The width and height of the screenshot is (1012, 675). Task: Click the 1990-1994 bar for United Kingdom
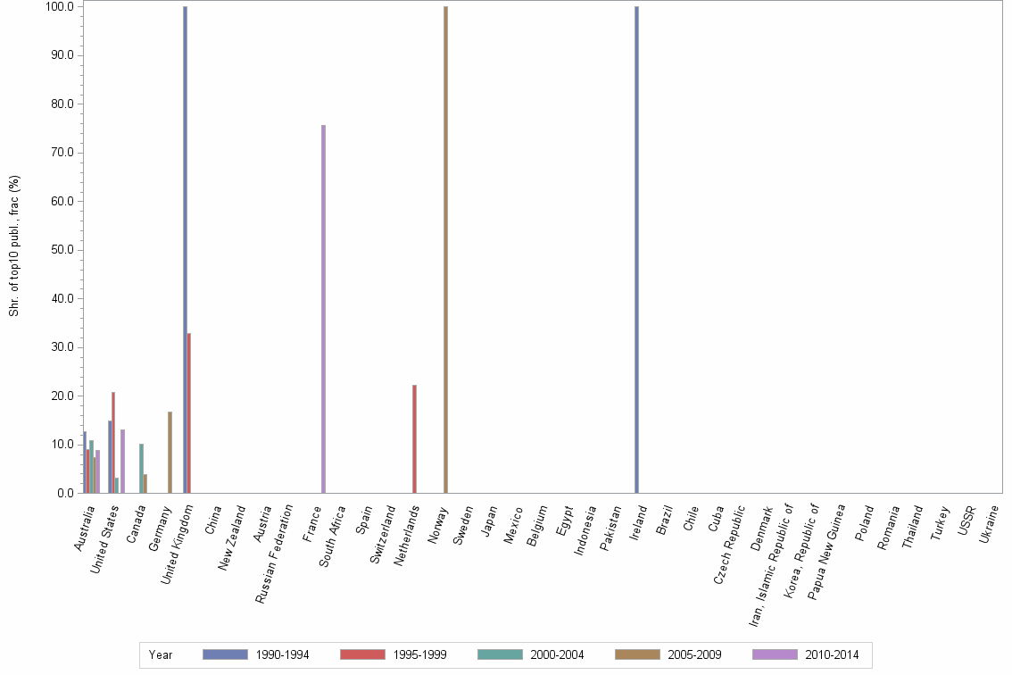pos(185,250)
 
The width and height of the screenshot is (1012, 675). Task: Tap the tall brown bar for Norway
pos(445,250)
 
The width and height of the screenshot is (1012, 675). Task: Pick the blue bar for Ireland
pos(636,250)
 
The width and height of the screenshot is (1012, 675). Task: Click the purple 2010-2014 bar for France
pos(323,309)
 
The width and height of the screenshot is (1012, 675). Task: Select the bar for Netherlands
pos(414,438)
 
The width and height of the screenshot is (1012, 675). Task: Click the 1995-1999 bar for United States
pos(113,442)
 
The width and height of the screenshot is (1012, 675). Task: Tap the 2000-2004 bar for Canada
pos(141,468)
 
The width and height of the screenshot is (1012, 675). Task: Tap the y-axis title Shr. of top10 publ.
pos(14,246)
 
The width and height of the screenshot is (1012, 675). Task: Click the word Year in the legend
pos(161,654)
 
